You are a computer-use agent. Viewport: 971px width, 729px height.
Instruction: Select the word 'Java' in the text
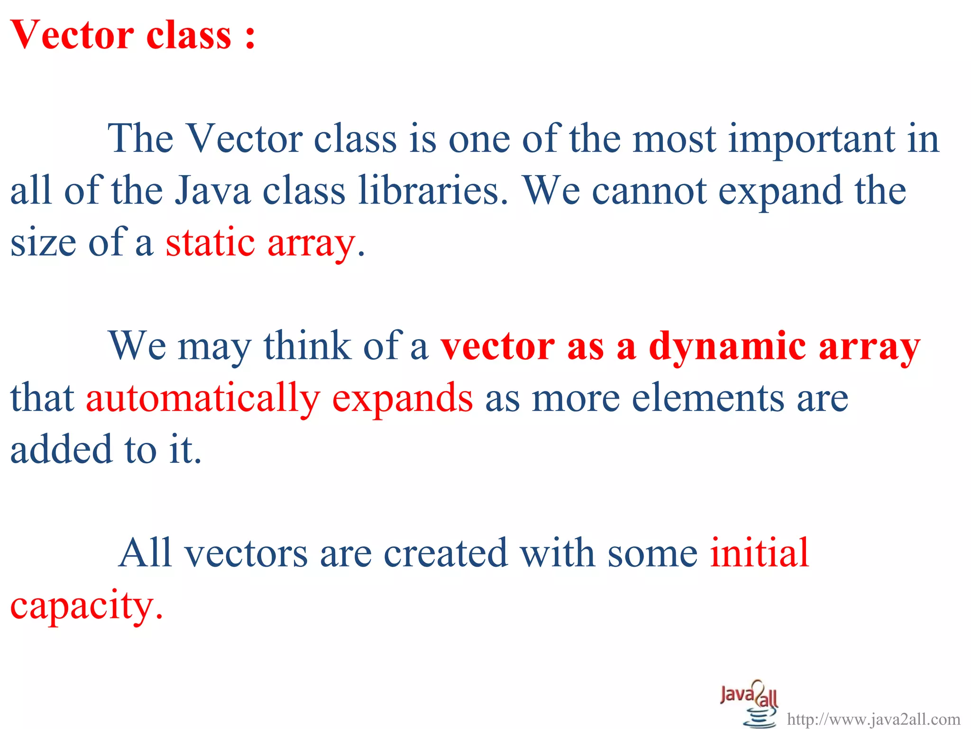[x=212, y=191]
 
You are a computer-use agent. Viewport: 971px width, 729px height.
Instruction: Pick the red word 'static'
[x=210, y=243]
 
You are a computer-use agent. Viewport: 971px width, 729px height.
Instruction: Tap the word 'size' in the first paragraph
[x=43, y=243]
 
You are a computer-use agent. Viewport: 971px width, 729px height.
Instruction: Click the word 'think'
[x=307, y=346]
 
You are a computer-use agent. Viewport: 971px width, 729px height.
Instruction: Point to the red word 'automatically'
[x=203, y=398]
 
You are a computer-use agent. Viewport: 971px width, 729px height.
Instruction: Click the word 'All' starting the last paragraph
[x=145, y=553]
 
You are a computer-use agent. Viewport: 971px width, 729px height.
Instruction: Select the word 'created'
[x=445, y=553]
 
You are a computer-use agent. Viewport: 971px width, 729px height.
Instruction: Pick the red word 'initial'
[x=759, y=553]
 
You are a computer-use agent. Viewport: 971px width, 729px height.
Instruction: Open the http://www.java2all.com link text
[x=873, y=720]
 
